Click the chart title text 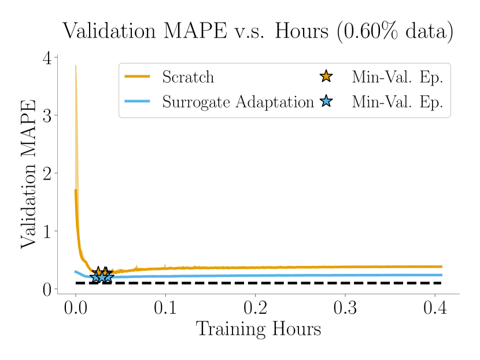coord(258,31)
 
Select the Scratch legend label coord(188,77)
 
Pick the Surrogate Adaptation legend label coord(238,102)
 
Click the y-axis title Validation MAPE coord(28,173)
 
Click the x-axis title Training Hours coord(258,329)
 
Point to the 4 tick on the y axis coord(47,58)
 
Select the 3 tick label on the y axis coord(47,116)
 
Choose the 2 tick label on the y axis coord(47,173)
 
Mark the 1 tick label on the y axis coord(47,231)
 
